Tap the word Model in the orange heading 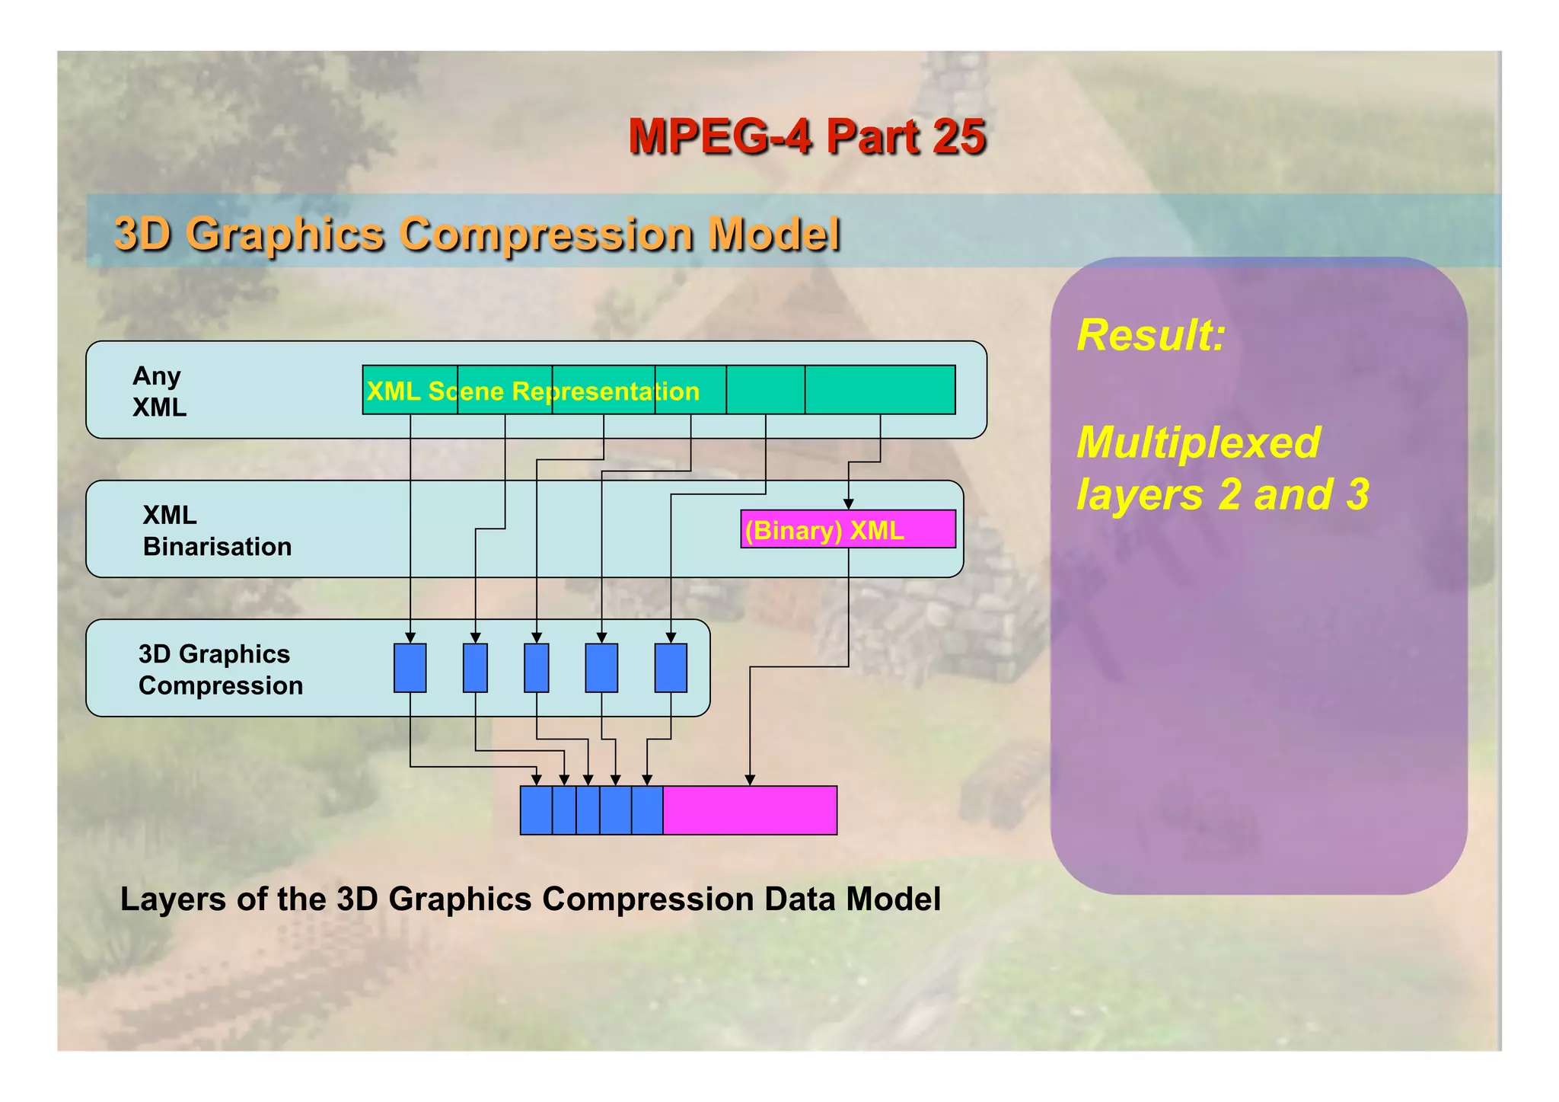click(x=773, y=234)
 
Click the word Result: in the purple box click(x=1150, y=335)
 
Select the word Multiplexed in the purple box click(x=1198, y=442)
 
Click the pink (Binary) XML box click(x=847, y=529)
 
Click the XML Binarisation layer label click(x=216, y=531)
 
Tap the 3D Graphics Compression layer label click(x=220, y=669)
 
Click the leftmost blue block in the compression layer click(x=410, y=668)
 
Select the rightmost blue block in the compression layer click(x=671, y=668)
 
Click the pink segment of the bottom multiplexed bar click(x=750, y=810)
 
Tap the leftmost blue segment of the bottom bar click(x=536, y=810)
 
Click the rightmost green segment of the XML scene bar click(x=880, y=390)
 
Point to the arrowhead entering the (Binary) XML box click(x=848, y=504)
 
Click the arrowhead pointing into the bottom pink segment click(x=750, y=780)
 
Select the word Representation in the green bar click(x=605, y=391)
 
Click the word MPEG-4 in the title click(x=719, y=137)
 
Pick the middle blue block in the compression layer click(x=536, y=668)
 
